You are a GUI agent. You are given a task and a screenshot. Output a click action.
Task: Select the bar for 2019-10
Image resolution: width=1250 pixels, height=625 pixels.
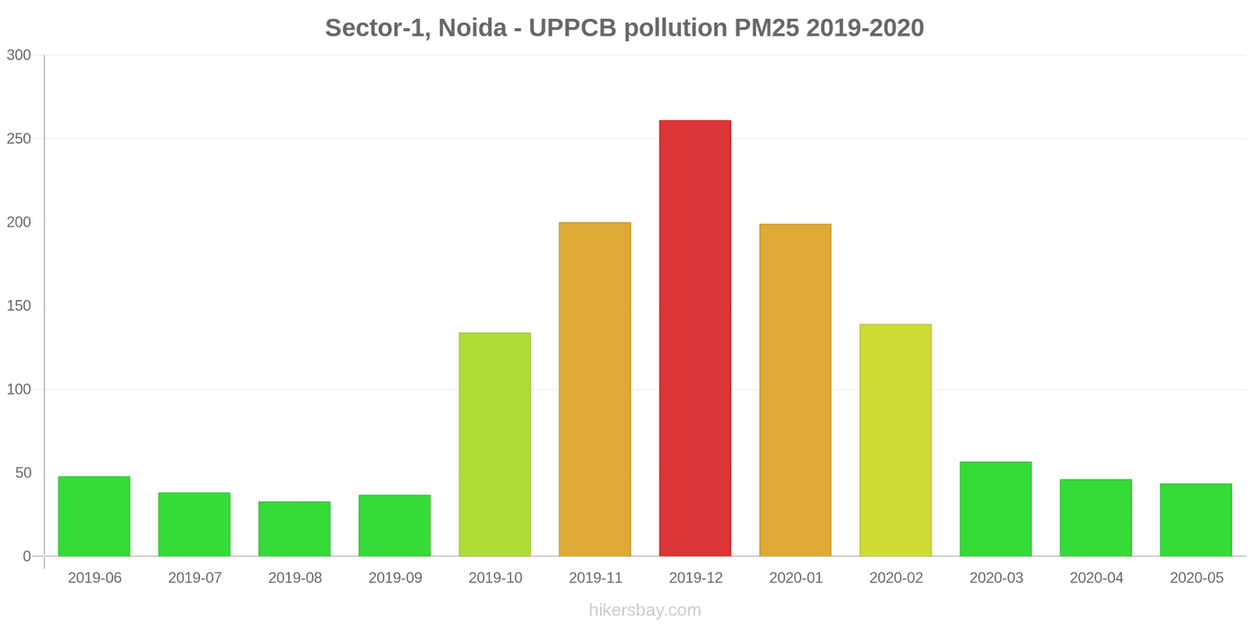tap(495, 445)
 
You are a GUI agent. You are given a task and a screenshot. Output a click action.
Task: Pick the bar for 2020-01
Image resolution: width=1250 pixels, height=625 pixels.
tap(795, 390)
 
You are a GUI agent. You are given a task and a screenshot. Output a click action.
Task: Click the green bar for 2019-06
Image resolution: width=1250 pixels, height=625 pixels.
tap(94, 516)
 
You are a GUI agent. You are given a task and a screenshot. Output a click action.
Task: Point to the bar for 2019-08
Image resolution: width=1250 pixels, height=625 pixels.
tap(295, 529)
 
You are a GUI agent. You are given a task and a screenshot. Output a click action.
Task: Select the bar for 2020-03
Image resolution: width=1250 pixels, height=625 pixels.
tap(995, 509)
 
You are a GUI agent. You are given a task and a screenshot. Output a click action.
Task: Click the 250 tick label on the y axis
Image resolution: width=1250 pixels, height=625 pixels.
tap(19, 139)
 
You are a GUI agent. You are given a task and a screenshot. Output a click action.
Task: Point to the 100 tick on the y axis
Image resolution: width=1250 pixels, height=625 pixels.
tap(19, 389)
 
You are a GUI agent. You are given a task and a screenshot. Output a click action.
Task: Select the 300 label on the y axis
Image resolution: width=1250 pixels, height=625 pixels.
tap(19, 55)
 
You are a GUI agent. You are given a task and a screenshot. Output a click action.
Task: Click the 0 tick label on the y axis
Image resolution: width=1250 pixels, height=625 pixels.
tap(27, 556)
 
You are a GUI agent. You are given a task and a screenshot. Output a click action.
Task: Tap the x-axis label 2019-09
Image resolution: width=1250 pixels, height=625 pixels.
tap(395, 578)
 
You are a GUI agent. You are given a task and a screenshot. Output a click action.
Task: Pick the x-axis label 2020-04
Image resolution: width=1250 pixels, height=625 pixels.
tap(1096, 578)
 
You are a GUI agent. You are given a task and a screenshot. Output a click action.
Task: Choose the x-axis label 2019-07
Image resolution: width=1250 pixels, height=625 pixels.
tap(195, 578)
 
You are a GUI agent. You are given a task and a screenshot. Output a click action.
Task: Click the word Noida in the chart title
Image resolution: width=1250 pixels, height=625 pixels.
tap(472, 28)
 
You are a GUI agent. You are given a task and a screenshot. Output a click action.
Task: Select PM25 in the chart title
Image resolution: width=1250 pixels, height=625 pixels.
tap(766, 28)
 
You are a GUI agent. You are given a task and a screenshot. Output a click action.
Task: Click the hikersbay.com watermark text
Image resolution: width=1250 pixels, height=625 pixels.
tap(645, 610)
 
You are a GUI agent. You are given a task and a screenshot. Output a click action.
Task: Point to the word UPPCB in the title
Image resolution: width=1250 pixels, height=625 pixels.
tap(573, 28)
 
